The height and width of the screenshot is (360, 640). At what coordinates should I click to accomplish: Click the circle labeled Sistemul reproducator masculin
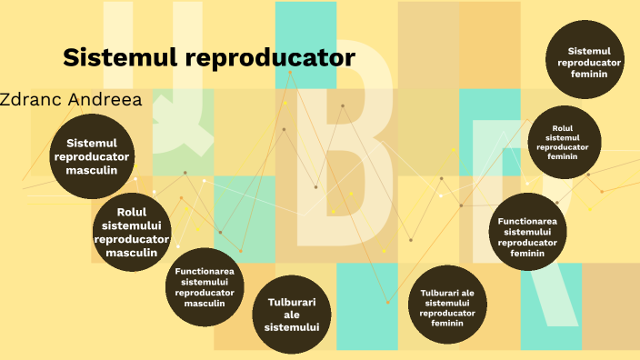(x=92, y=156)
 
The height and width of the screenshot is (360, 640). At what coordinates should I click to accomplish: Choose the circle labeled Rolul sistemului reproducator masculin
(x=132, y=233)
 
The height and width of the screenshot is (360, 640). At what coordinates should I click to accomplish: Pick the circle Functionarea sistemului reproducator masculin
(x=205, y=287)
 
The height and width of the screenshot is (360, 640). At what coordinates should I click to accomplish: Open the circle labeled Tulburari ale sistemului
(x=292, y=314)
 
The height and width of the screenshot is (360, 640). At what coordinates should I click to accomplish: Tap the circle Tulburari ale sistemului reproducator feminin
(x=447, y=307)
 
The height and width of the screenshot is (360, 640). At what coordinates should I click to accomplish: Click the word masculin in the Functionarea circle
(x=205, y=304)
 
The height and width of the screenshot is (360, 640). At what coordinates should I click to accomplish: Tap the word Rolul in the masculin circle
(x=132, y=212)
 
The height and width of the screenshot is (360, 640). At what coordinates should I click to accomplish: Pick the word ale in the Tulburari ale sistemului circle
(x=292, y=315)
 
